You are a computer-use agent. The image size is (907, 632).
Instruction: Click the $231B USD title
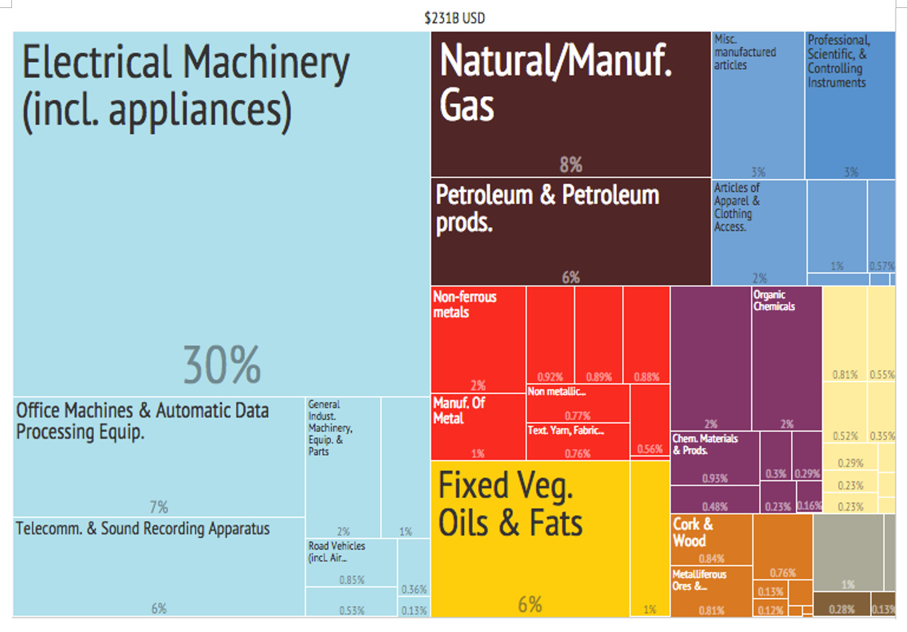[x=454, y=18]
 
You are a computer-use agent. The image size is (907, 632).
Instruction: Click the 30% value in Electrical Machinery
[x=222, y=365]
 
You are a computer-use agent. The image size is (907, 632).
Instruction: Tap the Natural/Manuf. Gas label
[x=556, y=82]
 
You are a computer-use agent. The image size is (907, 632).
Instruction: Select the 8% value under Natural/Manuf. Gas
[x=571, y=164]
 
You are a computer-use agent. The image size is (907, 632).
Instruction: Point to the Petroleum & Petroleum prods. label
[x=547, y=208]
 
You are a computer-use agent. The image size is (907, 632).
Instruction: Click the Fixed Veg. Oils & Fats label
[x=510, y=504]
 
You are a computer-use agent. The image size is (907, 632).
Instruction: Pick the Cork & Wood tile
[x=711, y=540]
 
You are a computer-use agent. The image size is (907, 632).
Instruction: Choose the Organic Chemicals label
[x=774, y=301]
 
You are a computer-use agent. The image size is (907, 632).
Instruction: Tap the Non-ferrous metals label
[x=465, y=304]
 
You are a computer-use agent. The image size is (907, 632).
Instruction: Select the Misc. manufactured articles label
[x=745, y=52]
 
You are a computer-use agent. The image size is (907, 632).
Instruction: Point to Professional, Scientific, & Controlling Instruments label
[x=838, y=61]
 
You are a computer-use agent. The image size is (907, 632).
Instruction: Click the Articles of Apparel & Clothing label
[x=736, y=207]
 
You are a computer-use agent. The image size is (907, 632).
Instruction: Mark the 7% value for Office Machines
[x=159, y=507]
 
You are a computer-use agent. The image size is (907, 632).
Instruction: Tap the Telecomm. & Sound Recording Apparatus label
[x=143, y=529]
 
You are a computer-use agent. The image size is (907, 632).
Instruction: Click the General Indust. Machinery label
[x=330, y=427]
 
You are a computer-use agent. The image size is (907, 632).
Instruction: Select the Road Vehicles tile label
[x=337, y=551]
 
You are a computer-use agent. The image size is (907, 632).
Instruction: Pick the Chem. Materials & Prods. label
[x=705, y=444]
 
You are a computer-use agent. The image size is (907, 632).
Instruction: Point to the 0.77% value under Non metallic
[x=578, y=416]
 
